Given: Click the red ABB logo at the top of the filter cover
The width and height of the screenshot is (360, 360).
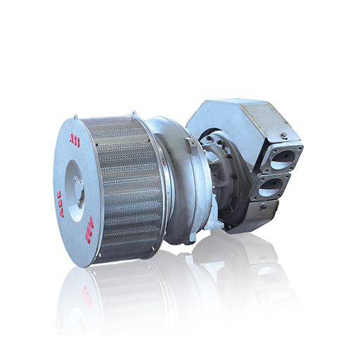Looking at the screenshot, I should coord(75,141).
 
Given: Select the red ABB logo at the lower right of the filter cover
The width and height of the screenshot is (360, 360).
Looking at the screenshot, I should coord(89,230).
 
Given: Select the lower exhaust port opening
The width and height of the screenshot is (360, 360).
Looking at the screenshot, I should coord(276,188).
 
